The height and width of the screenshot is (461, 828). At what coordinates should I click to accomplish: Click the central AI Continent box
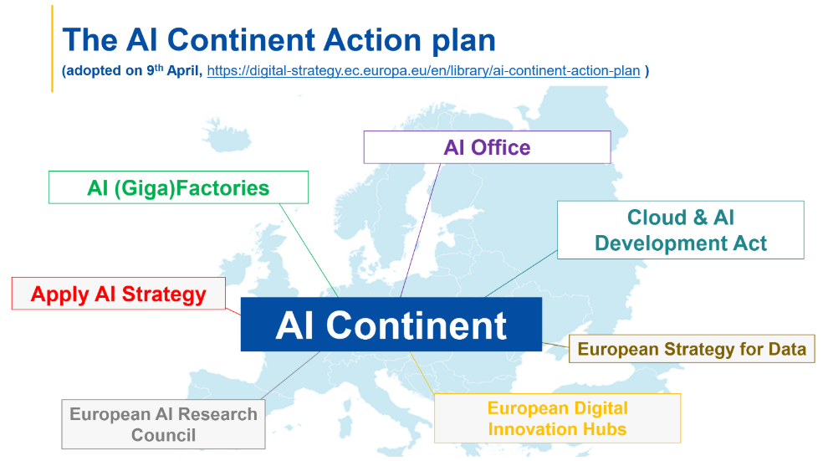[391, 324]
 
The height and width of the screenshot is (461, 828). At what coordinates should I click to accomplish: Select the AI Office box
[487, 147]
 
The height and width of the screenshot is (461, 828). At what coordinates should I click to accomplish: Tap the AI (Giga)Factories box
[178, 187]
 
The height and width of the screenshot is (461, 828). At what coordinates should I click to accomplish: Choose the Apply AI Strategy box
[119, 294]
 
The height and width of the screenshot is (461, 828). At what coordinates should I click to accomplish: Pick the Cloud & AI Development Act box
[681, 230]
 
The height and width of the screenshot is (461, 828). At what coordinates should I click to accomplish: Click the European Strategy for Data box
[692, 349]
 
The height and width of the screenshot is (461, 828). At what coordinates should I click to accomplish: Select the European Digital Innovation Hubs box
[557, 418]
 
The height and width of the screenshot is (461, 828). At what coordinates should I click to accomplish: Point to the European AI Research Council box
[163, 424]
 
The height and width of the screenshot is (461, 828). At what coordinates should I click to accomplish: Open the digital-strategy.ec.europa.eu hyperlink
[423, 71]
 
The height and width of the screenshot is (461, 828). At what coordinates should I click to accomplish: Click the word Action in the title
[372, 40]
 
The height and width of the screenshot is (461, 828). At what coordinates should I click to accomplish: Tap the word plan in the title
[463, 41]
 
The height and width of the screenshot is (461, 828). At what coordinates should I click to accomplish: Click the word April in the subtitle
[184, 71]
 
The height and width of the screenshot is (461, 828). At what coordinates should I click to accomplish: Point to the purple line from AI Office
[421, 230]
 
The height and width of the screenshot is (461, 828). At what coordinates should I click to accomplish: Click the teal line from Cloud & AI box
[521, 274]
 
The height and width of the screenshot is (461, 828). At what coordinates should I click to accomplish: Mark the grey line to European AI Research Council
[290, 375]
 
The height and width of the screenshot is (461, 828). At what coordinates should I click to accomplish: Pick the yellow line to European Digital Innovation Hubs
[422, 372]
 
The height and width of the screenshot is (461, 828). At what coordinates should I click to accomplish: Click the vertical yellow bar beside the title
[53, 49]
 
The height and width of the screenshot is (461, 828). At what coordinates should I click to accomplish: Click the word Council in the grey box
[163, 435]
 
